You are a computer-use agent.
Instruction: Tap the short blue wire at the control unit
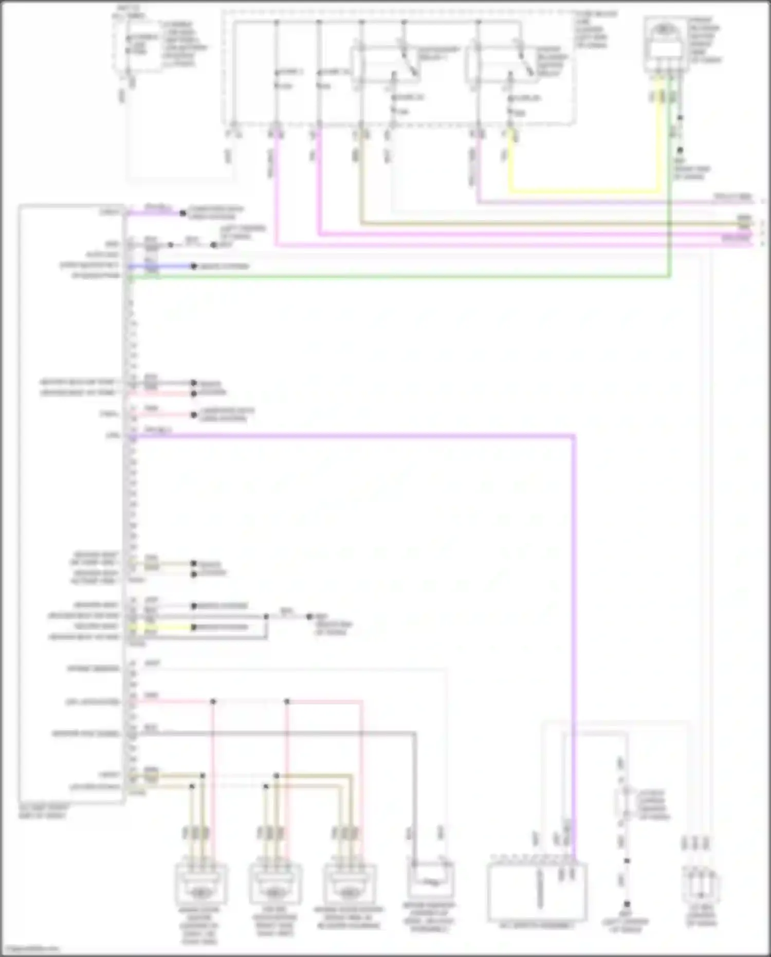[x=159, y=266]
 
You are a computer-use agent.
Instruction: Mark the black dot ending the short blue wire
[x=194, y=266]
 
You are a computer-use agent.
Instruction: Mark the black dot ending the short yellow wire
[x=194, y=627]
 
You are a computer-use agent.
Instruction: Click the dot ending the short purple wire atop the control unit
[x=182, y=212]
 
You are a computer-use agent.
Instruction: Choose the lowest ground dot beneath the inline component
[x=627, y=904]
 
